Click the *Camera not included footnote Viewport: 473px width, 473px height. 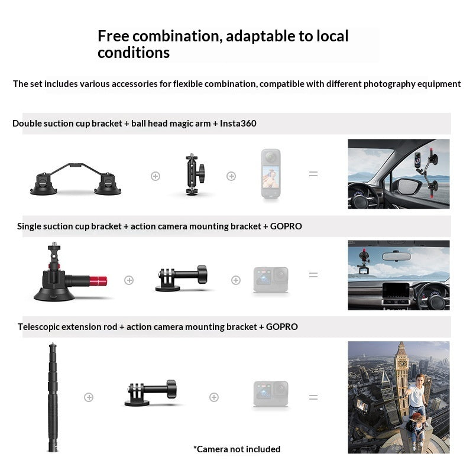(x=237, y=449)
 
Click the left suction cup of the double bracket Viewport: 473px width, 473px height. (x=46, y=184)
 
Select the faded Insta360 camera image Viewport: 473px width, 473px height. (x=271, y=174)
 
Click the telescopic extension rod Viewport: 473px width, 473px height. (x=53, y=397)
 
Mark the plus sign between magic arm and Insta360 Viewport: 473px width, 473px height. (x=231, y=176)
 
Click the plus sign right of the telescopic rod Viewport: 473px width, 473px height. (x=89, y=397)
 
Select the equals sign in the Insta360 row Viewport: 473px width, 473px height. (x=313, y=174)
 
